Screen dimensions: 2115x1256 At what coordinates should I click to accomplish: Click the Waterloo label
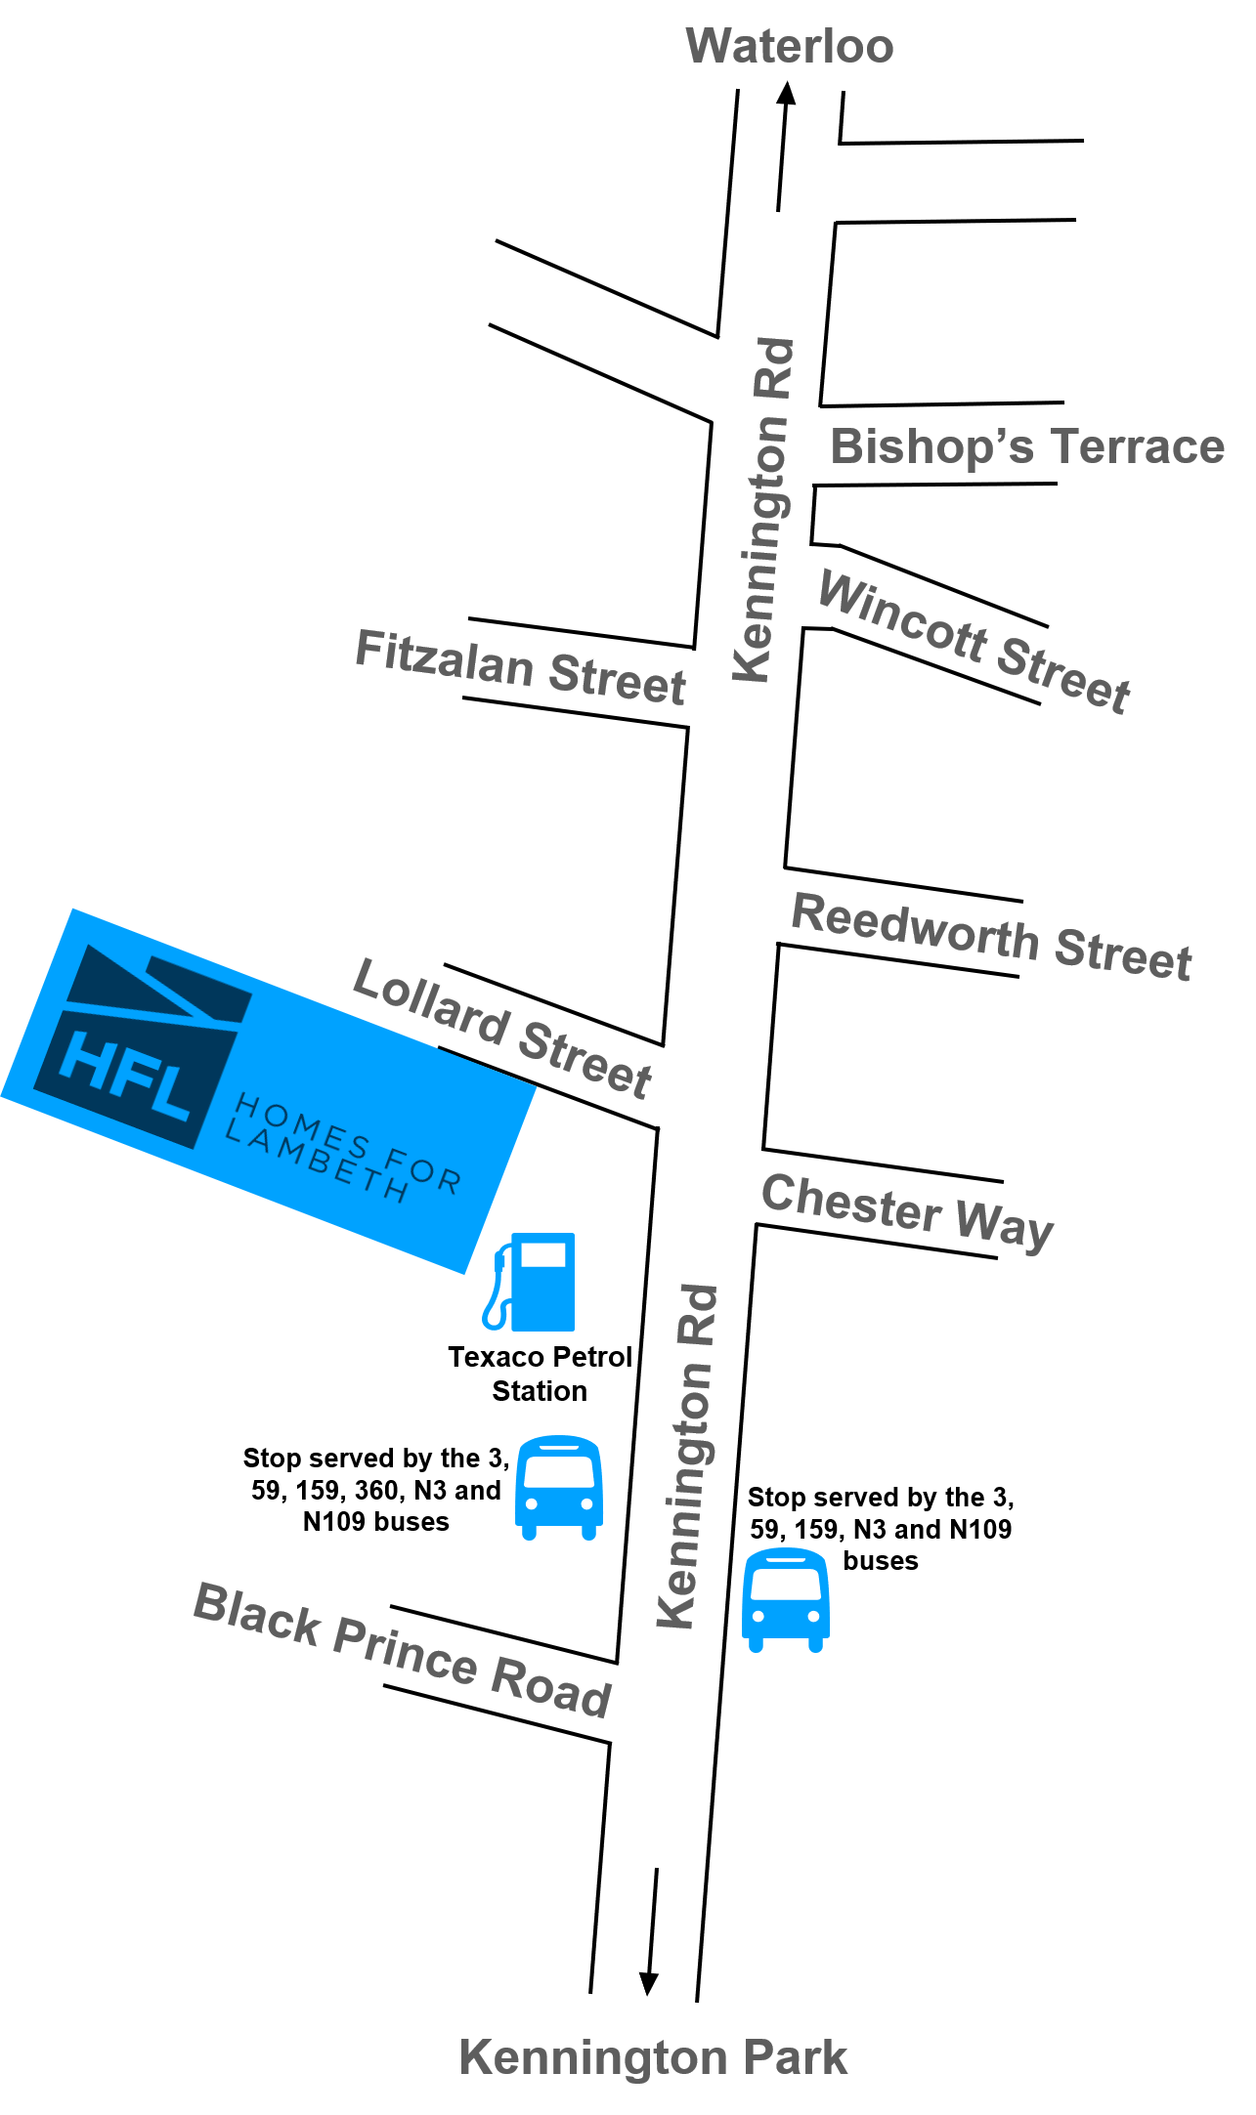pos(789,46)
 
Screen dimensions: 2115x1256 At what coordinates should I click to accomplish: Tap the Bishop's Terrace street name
pos(1026,446)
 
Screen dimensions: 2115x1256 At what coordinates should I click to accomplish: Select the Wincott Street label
pos(974,640)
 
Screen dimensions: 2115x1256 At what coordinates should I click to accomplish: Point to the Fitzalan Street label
pos(520,667)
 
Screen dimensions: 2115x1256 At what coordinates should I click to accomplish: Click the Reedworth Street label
pos(991,936)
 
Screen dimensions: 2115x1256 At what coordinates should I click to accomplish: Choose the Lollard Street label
pos(501,1027)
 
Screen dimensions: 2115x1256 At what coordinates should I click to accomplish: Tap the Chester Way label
pos(907,1209)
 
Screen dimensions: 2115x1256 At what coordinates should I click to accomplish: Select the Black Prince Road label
pos(403,1649)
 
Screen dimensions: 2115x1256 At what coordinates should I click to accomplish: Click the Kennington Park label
pos(653,2057)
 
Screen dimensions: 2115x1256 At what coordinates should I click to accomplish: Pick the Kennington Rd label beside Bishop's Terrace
pos(765,510)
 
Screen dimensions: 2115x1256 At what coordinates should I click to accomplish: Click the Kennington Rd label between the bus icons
pos(689,1457)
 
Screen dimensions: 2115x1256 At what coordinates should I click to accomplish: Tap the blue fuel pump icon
pos(530,1282)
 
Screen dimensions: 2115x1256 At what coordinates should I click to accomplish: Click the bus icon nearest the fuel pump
pos(559,1487)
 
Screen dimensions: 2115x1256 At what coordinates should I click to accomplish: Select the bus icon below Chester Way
pos(786,1598)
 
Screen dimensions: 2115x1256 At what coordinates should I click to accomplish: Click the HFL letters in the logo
pos(125,1075)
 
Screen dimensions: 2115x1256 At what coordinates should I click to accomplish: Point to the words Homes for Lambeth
pos(342,1148)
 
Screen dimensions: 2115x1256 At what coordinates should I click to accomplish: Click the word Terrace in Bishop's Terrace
pos(1137,446)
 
